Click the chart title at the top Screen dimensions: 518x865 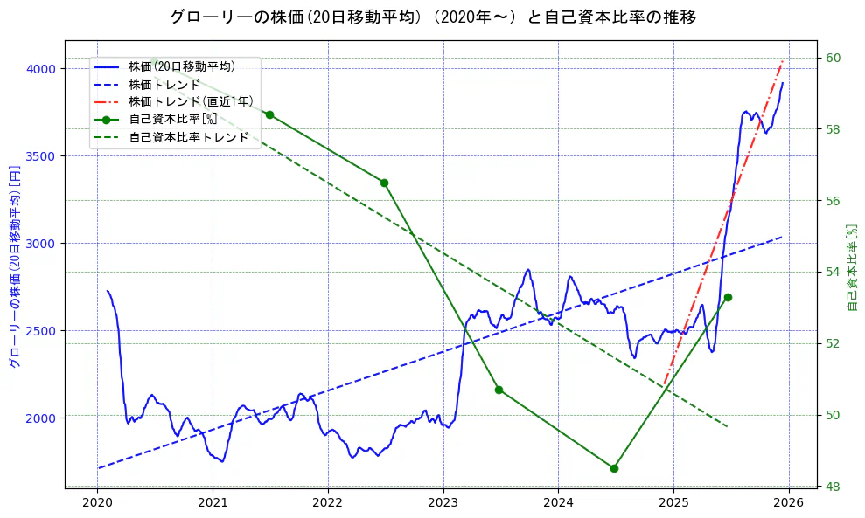432,17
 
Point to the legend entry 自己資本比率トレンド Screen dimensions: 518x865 188,137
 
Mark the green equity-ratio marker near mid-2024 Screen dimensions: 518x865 614,468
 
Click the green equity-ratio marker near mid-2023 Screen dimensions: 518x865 499,390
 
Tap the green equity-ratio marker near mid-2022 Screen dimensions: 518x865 384,183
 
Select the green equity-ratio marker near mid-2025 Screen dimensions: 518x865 728,297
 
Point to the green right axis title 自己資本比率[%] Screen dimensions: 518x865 854,266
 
